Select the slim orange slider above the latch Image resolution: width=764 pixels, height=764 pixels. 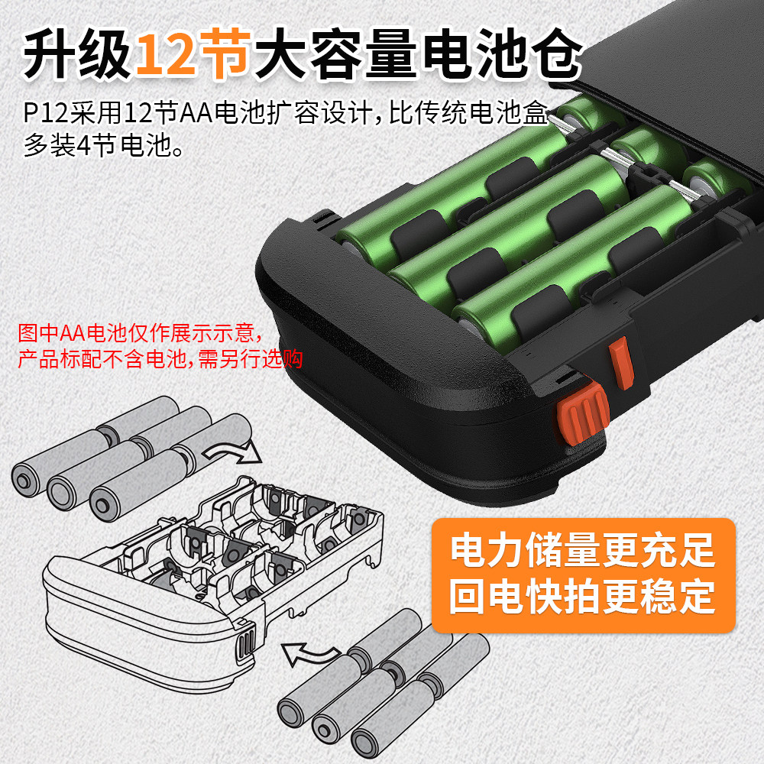click(x=620, y=363)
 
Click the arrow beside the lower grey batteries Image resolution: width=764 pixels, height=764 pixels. click(x=310, y=653)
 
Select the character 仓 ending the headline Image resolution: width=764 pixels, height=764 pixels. click(x=555, y=53)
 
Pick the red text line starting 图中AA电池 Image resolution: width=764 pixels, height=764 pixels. click(x=141, y=333)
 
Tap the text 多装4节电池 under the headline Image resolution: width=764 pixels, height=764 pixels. click(x=103, y=144)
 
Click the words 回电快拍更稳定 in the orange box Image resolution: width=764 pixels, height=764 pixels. click(x=583, y=597)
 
